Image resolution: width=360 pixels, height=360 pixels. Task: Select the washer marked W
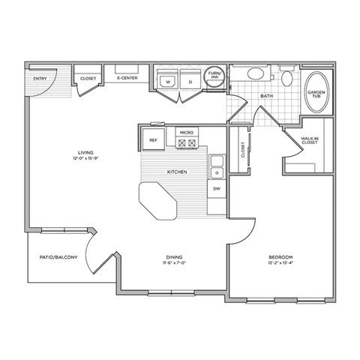point(168,81)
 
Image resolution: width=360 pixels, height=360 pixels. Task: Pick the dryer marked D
point(190,81)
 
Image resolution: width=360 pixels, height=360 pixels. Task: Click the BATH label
point(265,97)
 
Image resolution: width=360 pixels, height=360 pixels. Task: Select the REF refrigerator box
point(153,139)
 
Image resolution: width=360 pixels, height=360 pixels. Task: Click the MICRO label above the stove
point(186,132)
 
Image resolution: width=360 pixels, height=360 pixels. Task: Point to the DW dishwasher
point(217,189)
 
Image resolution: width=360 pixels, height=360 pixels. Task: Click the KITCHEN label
point(177,172)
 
